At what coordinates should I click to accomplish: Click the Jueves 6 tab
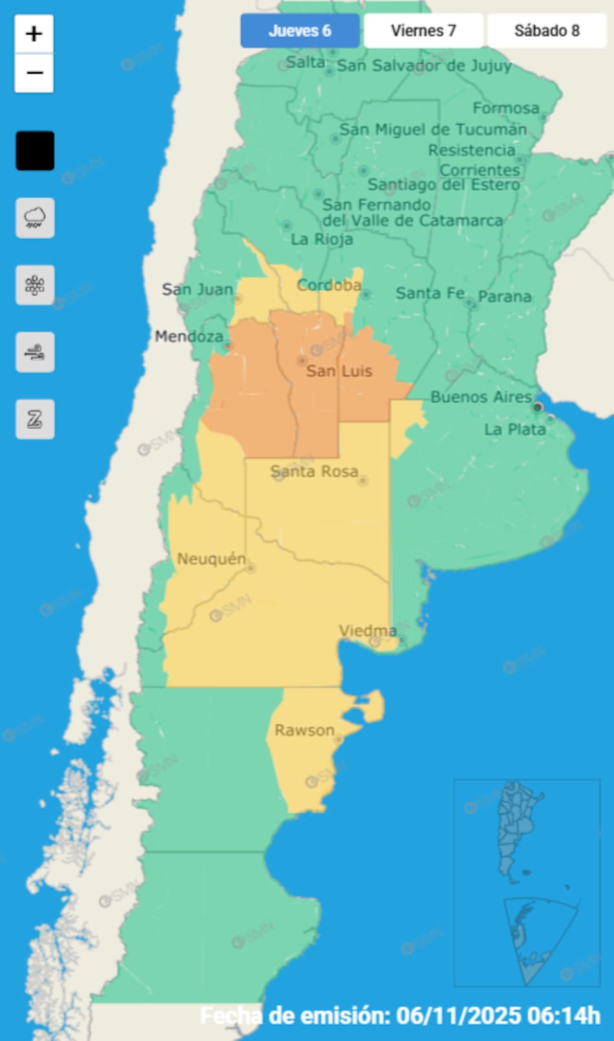[x=300, y=30]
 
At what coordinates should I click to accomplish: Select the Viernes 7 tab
[x=423, y=30]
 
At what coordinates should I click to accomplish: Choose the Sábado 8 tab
[x=547, y=30]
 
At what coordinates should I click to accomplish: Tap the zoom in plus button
[x=34, y=34]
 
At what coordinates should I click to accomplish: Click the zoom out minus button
[x=34, y=72]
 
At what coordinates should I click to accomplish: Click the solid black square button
[x=35, y=151]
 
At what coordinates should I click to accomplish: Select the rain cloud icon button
[x=35, y=218]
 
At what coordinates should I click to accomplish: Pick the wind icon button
[x=35, y=352]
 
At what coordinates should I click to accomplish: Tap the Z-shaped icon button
[x=35, y=419]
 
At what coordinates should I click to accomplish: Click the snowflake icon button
[x=35, y=285]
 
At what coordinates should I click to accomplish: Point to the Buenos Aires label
[x=481, y=396]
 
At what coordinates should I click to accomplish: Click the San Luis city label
[x=339, y=370]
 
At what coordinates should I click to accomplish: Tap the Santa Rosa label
[x=314, y=471]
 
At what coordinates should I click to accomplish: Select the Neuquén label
[x=211, y=559]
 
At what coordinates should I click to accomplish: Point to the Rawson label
[x=304, y=730]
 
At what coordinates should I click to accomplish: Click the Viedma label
[x=368, y=630]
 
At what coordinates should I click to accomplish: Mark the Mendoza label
[x=189, y=336]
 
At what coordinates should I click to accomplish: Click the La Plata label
[x=515, y=429]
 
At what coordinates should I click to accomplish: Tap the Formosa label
[x=505, y=107]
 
